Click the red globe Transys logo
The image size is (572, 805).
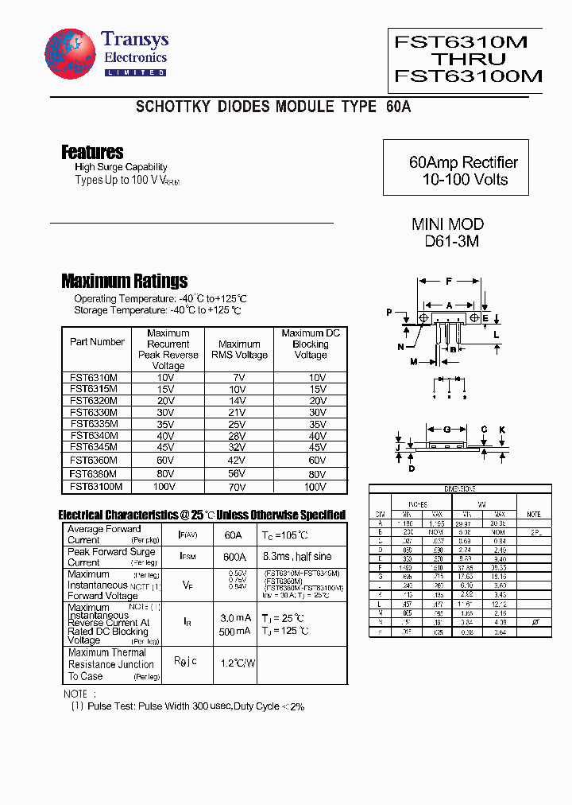(x=70, y=54)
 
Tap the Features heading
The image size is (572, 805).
(x=92, y=152)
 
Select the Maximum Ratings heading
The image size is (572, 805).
(x=124, y=281)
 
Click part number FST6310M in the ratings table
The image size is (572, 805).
(x=94, y=377)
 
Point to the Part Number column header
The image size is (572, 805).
(x=97, y=342)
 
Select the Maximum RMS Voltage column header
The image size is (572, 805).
(x=239, y=349)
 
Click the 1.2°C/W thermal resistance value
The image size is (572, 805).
(x=237, y=662)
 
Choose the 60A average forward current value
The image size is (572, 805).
(x=233, y=535)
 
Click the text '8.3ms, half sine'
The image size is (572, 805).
(x=300, y=557)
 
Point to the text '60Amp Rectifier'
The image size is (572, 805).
(x=463, y=162)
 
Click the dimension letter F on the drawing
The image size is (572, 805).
(x=449, y=282)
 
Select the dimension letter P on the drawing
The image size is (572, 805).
(x=389, y=313)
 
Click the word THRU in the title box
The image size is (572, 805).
(x=468, y=60)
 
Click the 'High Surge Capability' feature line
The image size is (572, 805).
(x=121, y=167)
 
